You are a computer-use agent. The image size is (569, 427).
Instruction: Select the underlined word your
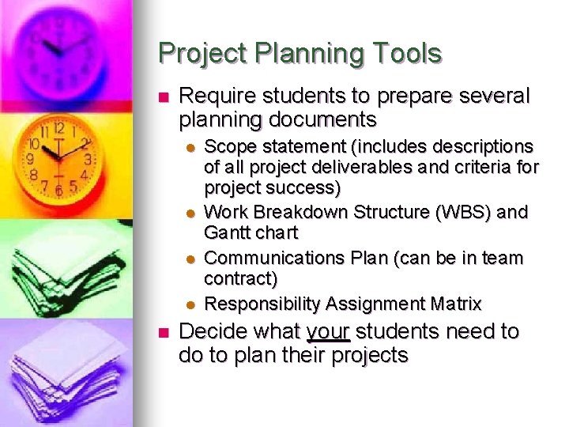point(328,331)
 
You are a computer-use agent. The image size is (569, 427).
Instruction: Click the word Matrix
point(453,304)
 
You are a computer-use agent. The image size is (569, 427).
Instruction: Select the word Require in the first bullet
point(213,96)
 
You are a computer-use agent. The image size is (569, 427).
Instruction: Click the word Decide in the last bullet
point(208,331)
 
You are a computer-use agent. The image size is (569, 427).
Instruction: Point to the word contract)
point(240,278)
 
